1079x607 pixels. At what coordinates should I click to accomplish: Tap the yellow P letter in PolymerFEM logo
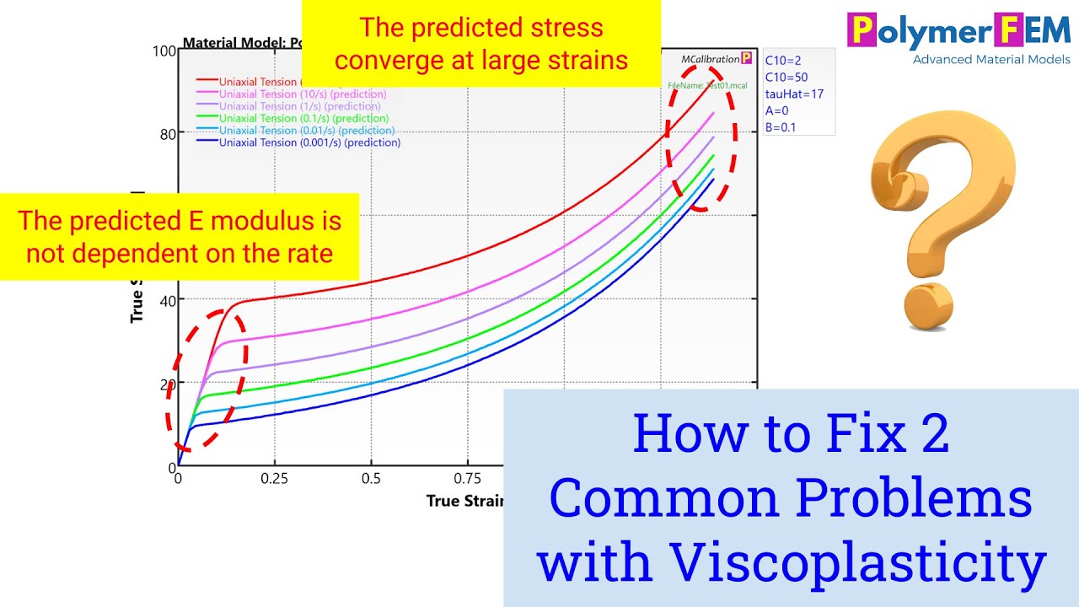[x=862, y=31]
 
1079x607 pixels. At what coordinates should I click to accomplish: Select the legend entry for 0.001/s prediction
[x=309, y=142]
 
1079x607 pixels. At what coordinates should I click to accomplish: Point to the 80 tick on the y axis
[x=166, y=133]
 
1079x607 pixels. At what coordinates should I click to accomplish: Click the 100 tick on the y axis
[x=164, y=50]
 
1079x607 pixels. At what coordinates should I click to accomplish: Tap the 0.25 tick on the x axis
[x=274, y=479]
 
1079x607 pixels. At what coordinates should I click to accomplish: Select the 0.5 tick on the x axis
[x=371, y=479]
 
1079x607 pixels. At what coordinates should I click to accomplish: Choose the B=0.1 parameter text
[x=780, y=128]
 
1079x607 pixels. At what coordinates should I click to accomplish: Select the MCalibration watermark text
[x=710, y=59]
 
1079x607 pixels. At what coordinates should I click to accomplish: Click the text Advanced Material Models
[x=991, y=59]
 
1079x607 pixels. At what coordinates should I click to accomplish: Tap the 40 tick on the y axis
[x=166, y=300]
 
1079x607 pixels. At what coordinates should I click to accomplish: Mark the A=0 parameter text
[x=776, y=111]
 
